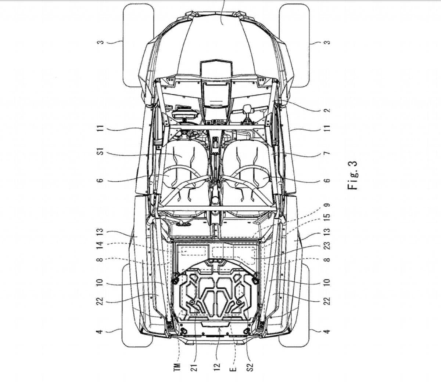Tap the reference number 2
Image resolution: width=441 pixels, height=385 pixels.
(327, 110)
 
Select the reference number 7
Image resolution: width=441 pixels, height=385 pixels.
(327, 153)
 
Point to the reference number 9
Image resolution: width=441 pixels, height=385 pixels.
(327, 205)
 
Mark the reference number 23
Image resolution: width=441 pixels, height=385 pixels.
(327, 246)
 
